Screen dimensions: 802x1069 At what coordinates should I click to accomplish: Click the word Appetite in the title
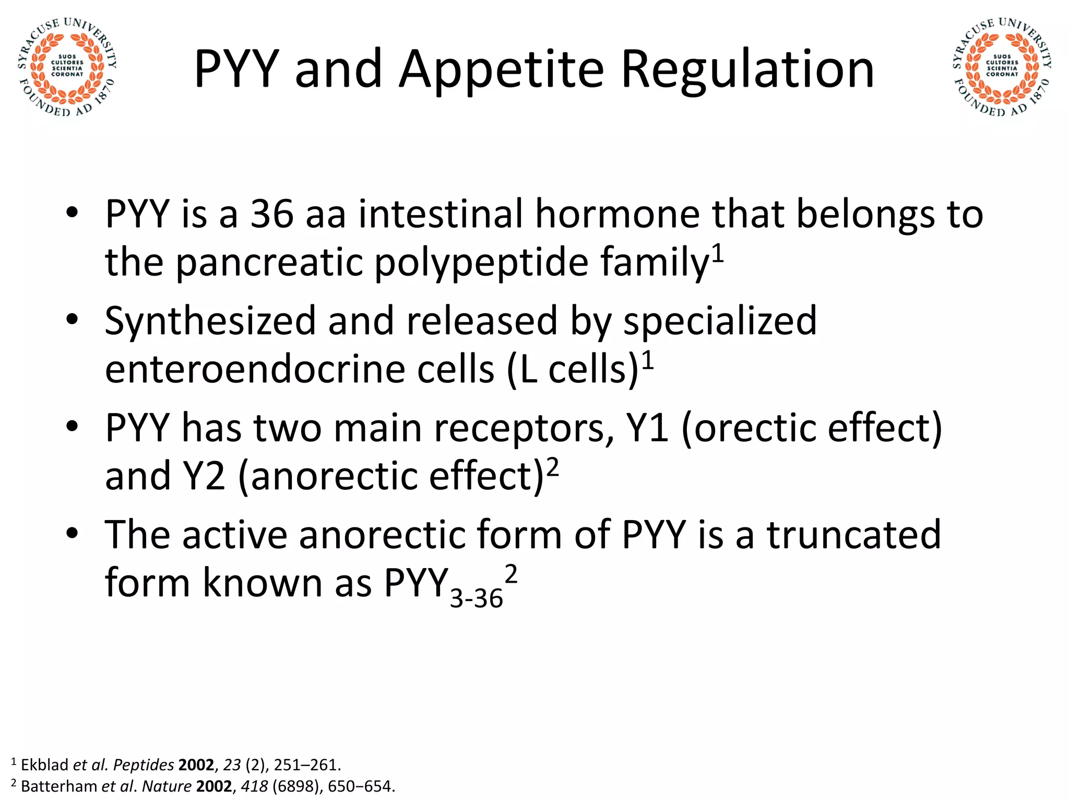(501, 69)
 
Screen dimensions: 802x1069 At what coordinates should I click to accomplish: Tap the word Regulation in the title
(747, 69)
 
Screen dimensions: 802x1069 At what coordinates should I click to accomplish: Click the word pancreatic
(269, 262)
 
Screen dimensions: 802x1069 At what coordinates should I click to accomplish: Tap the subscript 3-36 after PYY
(476, 598)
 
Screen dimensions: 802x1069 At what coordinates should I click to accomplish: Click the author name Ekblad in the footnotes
(44, 765)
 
